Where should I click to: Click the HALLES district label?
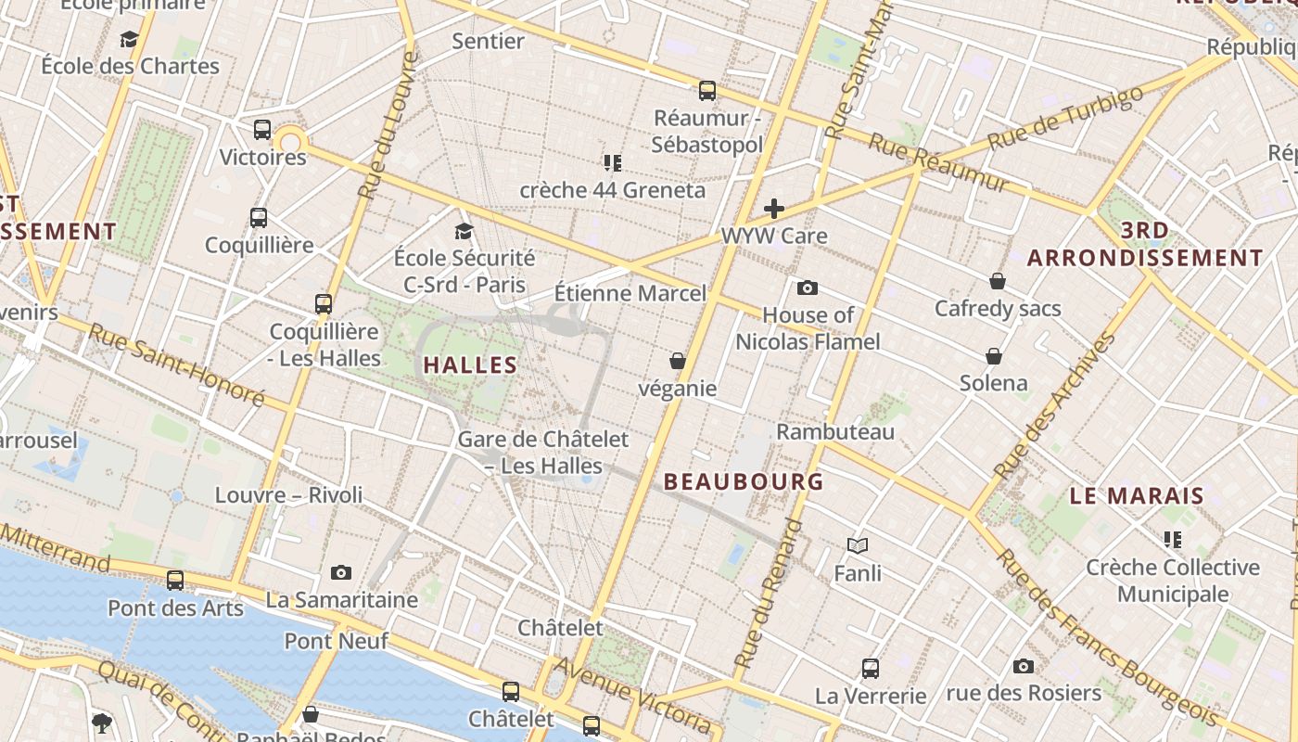[x=470, y=365]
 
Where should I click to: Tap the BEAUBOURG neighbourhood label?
[x=744, y=481]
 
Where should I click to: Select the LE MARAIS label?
[x=1137, y=496]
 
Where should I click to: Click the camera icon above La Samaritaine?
[x=341, y=572]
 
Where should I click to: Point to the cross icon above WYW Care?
[x=774, y=209]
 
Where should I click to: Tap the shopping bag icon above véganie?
[x=678, y=361]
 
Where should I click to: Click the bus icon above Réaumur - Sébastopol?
[x=707, y=91]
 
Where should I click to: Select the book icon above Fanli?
[x=858, y=546]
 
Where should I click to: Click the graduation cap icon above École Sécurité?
[x=464, y=231]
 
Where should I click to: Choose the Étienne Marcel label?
[x=630, y=293]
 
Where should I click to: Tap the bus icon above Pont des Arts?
[x=175, y=581]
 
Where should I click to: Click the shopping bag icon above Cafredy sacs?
[x=998, y=281]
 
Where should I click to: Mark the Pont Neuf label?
[x=336, y=641]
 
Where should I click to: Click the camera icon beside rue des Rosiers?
[x=1024, y=666]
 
